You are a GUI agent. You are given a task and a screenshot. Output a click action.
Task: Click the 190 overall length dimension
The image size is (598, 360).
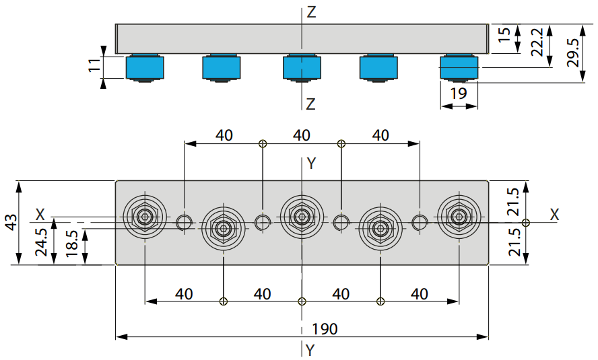point(325,329)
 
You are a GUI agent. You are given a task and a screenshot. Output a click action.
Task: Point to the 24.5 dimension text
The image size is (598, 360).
point(41,242)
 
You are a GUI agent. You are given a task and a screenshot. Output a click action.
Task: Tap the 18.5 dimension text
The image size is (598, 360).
point(71,244)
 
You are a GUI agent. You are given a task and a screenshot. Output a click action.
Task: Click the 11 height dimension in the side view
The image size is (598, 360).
point(94,65)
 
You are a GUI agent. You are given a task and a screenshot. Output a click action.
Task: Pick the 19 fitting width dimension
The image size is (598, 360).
point(459,93)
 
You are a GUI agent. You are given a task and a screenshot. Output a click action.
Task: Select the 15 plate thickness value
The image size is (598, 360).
point(504,34)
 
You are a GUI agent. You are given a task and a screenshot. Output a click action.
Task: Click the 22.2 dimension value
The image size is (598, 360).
point(537,42)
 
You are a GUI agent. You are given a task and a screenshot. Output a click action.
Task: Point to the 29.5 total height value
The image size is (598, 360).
point(573,52)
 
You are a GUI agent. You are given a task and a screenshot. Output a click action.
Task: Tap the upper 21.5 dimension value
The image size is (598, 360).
point(514,202)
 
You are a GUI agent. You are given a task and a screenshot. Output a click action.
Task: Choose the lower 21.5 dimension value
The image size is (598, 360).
point(514,242)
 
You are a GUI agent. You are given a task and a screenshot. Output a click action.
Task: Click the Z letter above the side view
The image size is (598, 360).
point(312,13)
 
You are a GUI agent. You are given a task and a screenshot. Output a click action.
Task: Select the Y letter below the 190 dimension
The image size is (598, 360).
point(310,350)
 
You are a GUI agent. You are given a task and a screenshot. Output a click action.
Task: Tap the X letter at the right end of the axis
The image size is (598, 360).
point(554,215)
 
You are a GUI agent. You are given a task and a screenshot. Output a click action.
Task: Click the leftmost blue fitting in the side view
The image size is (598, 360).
point(145,68)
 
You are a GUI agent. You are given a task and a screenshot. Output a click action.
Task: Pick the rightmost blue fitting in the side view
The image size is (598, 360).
point(459,68)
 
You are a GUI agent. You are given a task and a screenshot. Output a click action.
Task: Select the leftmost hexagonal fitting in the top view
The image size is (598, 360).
point(145,217)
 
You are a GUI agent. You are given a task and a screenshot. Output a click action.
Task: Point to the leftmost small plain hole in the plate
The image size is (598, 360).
point(185,223)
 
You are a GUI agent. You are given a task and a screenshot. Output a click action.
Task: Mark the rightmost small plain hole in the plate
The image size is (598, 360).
point(420,223)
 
